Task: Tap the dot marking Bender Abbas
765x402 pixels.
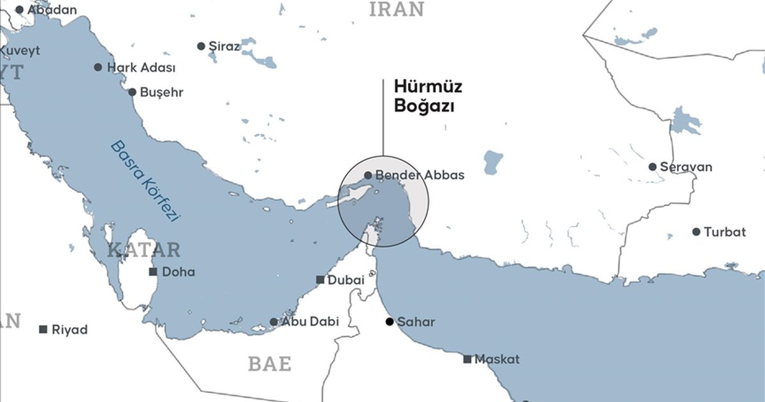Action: (x=368, y=175)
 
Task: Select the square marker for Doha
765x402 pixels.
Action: (x=153, y=272)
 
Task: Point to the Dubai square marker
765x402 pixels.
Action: (x=320, y=279)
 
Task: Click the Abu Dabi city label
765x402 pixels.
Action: (x=310, y=322)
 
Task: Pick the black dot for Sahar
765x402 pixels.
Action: (x=390, y=322)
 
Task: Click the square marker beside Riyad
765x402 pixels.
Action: (x=43, y=329)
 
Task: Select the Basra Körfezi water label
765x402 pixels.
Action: (x=146, y=180)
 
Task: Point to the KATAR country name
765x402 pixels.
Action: (x=144, y=249)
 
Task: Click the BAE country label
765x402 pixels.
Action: (x=270, y=364)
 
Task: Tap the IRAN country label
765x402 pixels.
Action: (x=396, y=9)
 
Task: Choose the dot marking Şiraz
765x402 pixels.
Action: (x=201, y=46)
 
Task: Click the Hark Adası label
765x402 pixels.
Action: (x=141, y=67)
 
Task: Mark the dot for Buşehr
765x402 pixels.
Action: (x=132, y=92)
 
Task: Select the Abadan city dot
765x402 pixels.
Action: (x=19, y=10)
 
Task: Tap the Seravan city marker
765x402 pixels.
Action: (x=652, y=167)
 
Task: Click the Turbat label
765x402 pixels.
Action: (x=725, y=232)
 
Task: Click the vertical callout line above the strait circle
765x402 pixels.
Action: (x=383, y=118)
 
